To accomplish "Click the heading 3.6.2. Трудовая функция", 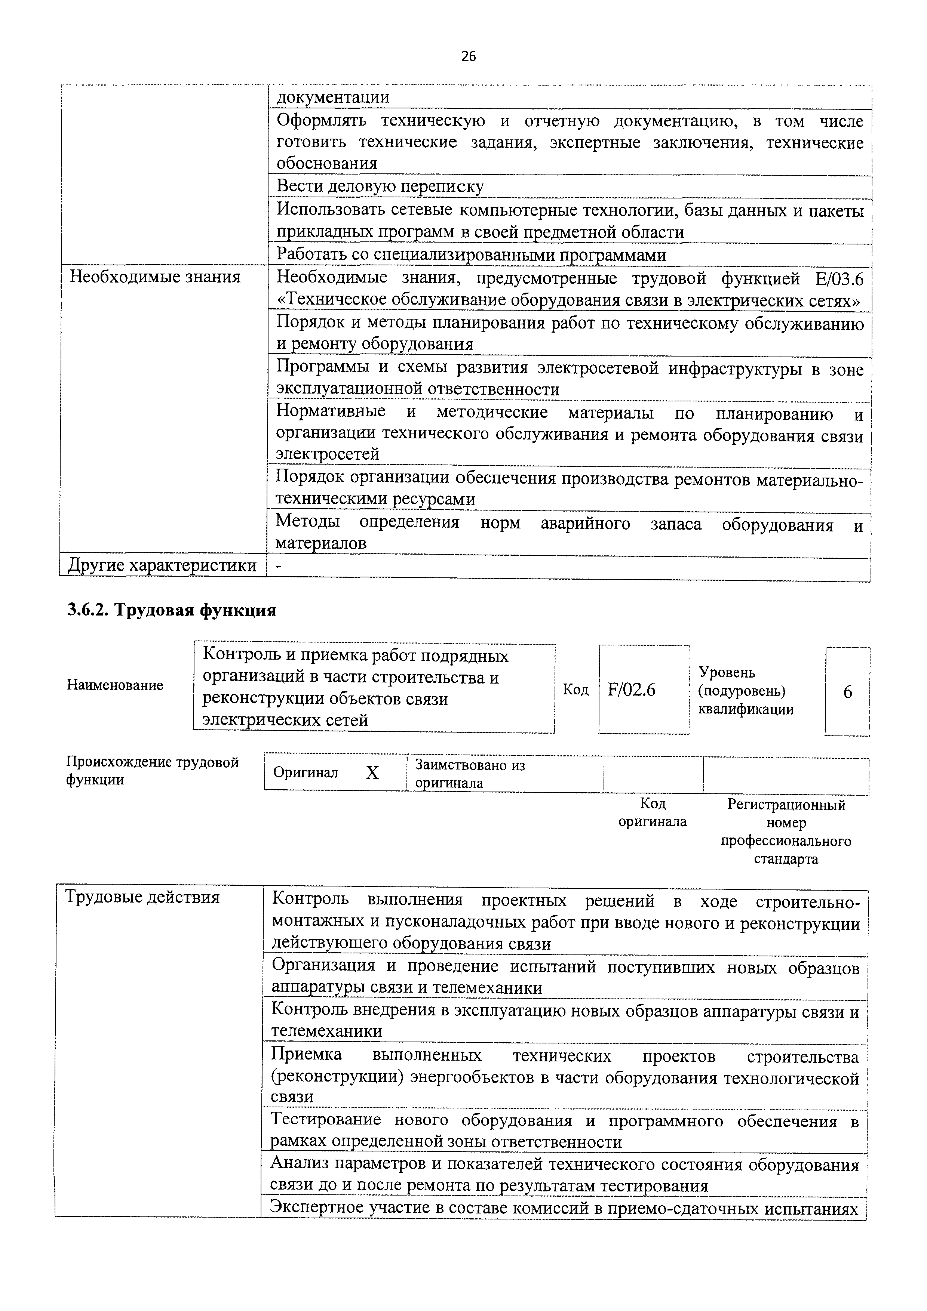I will point(171,610).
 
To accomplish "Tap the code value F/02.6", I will point(632,690).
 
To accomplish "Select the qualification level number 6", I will point(848,692).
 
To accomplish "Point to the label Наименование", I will point(115,685).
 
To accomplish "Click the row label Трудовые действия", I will point(143,898).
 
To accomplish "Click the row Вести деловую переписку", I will point(380,186).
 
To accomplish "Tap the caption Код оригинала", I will point(652,812).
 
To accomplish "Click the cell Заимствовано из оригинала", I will point(470,774).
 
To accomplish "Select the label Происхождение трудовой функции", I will point(153,771).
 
